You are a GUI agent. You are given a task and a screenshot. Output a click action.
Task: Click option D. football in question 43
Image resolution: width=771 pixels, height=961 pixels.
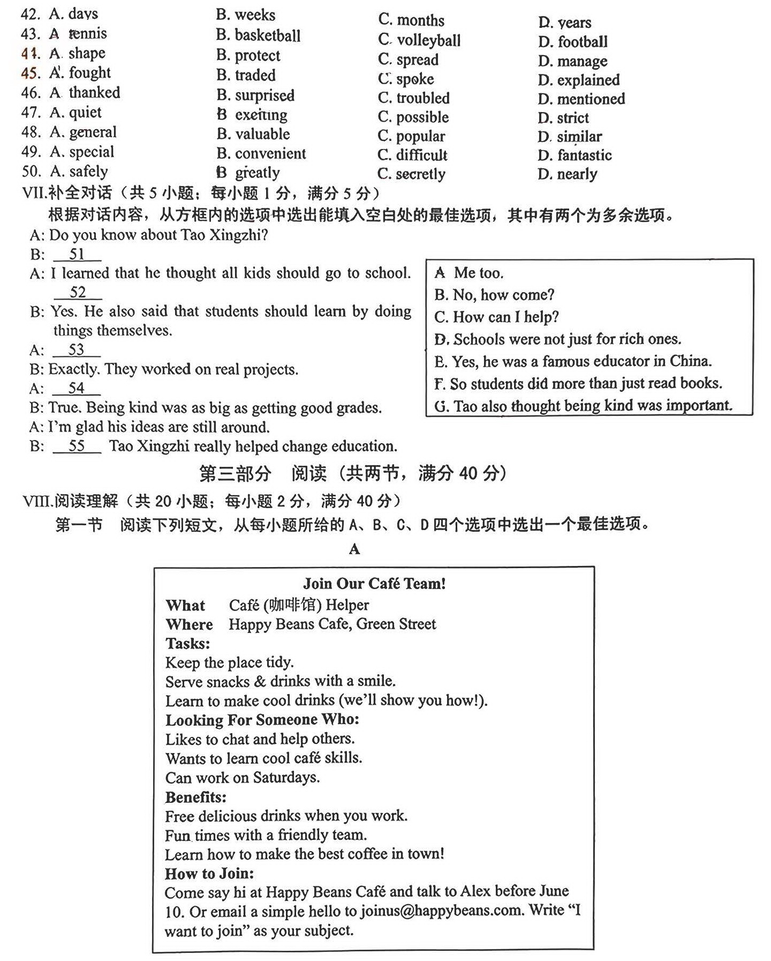pos(573,42)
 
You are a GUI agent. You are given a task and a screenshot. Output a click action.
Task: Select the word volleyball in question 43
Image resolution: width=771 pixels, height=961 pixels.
pos(428,40)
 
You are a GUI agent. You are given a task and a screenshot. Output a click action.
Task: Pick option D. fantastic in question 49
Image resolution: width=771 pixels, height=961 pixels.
pos(575,155)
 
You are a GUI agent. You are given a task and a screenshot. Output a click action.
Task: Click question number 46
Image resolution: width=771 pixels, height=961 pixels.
pos(31,93)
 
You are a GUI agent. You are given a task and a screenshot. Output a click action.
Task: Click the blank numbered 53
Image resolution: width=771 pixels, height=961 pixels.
pos(77,350)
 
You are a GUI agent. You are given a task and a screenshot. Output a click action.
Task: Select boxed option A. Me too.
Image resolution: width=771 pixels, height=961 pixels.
pos(469,273)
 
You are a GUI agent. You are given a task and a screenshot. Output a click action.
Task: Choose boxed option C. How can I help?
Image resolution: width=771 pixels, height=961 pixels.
pos(496,317)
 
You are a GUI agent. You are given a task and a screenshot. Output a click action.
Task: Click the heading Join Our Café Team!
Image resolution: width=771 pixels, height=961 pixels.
pos(374,583)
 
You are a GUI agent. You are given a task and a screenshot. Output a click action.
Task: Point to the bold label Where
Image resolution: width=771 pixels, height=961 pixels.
pos(189,624)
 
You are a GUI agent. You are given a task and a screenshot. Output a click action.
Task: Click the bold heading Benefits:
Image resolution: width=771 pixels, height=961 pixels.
pos(195,797)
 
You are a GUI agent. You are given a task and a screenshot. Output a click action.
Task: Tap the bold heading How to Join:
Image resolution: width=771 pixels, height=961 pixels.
pos(209,873)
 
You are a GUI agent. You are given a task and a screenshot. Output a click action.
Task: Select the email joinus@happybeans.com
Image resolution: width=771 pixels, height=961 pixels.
pos(441,911)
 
